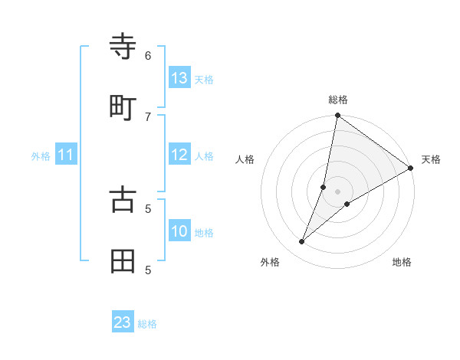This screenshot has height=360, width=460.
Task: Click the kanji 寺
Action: coord(123,47)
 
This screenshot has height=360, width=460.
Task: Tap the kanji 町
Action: coord(123,108)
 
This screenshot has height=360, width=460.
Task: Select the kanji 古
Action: coord(123,199)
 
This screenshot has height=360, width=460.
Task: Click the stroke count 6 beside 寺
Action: coord(148,55)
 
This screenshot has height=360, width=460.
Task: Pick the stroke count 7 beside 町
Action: coord(148,116)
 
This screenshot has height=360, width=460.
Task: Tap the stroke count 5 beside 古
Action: coord(148,208)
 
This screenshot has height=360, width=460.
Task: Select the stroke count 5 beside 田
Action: coord(148,270)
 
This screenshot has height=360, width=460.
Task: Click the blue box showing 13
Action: coord(179,78)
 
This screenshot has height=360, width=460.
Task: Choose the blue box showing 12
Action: coord(179,155)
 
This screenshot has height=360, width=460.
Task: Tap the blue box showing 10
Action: coord(179,231)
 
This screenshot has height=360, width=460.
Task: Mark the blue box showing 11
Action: coord(66,155)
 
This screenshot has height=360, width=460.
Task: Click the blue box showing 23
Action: coord(123,322)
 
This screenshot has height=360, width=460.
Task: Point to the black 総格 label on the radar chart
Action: coord(338,100)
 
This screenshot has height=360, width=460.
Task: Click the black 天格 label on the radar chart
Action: coord(431,159)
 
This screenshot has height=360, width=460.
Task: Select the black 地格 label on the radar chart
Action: coord(402,262)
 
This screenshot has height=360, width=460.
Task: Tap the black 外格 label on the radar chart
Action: coord(270,262)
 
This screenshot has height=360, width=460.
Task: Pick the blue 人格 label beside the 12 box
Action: coord(204,155)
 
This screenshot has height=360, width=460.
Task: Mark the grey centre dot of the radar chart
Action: coord(338,191)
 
